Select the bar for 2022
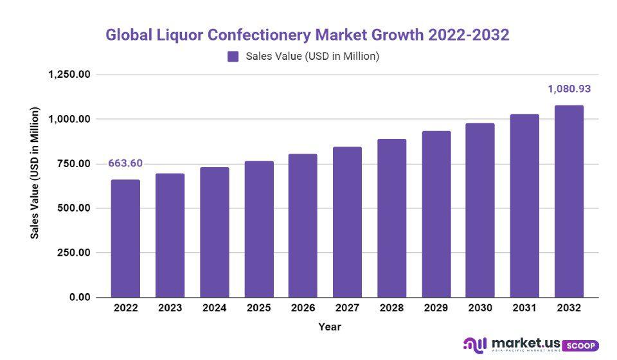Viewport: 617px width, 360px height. (125, 239)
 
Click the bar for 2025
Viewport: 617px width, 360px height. (259, 230)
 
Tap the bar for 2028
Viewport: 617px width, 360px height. (392, 219)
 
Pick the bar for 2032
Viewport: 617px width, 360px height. (569, 201)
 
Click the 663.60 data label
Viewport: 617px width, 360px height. (125, 163)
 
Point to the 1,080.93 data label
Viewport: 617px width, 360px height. (569, 89)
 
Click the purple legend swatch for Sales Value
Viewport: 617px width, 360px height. (233, 57)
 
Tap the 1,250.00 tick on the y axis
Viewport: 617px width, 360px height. (69, 75)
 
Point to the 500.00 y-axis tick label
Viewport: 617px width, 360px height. (73, 208)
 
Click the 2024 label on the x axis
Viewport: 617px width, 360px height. (214, 308)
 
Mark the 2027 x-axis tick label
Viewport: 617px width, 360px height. (348, 308)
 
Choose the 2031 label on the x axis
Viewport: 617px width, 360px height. (525, 308)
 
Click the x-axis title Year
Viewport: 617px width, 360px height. (330, 327)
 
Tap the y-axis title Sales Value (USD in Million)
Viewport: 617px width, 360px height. (35, 174)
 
